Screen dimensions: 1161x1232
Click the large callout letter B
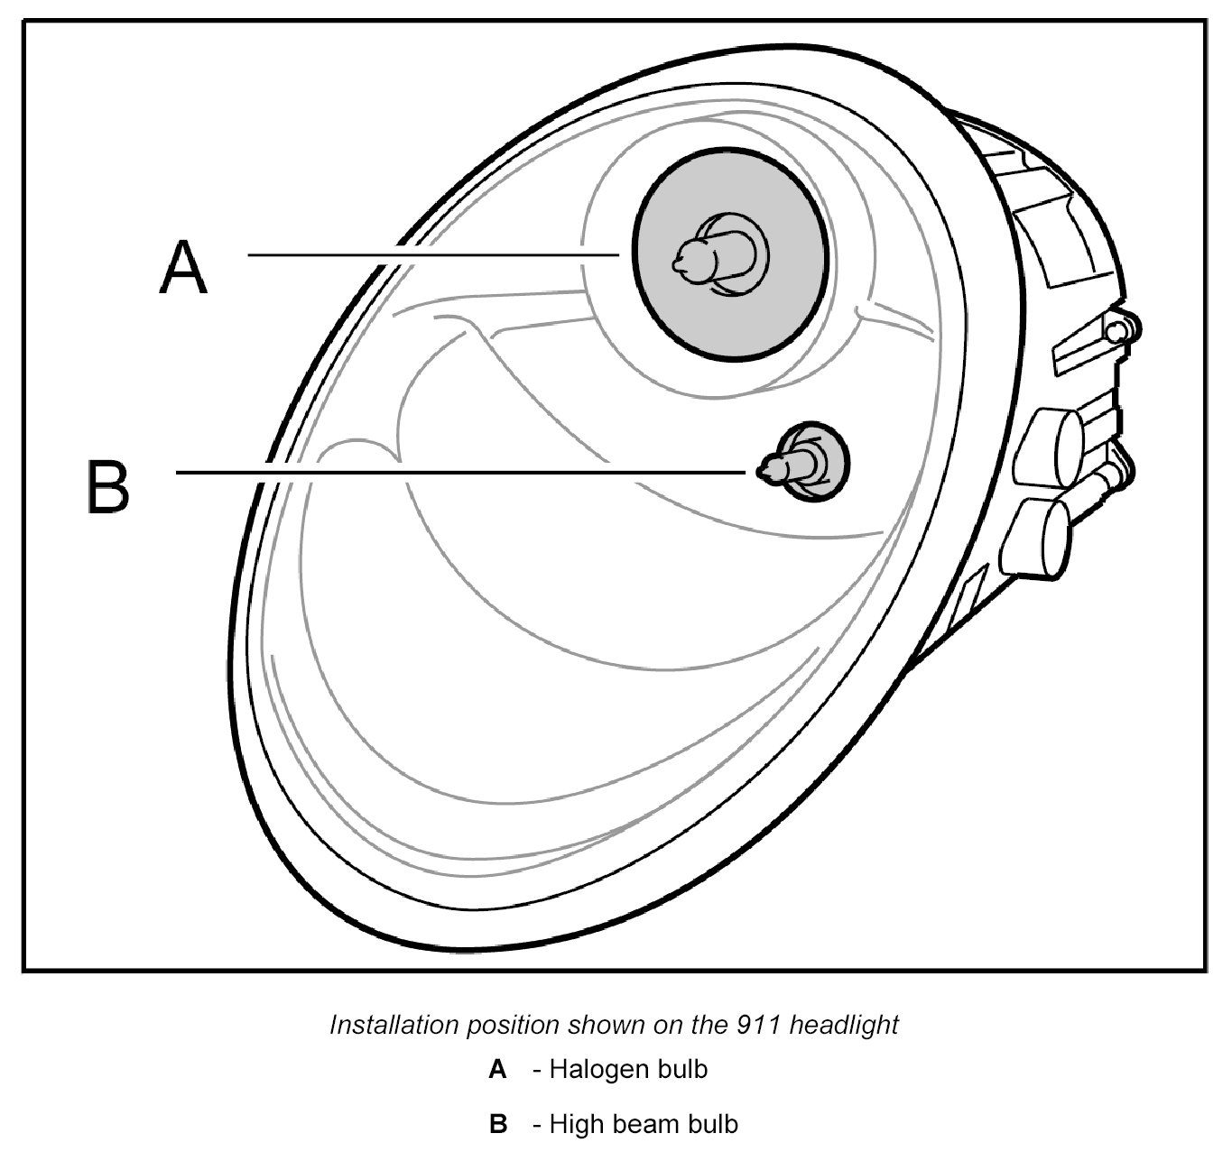pyautogui.click(x=108, y=487)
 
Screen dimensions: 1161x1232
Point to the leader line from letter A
pyautogui.click(x=433, y=255)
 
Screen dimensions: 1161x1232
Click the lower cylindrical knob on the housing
pyautogui.click(x=1043, y=536)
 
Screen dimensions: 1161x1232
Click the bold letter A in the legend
pyautogui.click(x=497, y=1071)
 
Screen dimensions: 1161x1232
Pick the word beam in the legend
pyautogui.click(x=644, y=1125)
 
